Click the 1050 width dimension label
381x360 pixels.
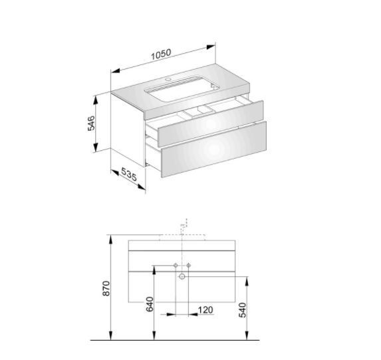(x=161, y=54)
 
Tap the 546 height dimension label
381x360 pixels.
(x=91, y=124)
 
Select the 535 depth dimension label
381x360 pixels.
(x=129, y=175)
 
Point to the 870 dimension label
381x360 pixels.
(x=106, y=288)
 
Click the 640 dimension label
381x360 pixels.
(x=150, y=304)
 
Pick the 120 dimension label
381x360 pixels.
(x=205, y=310)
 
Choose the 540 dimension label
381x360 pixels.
(x=242, y=310)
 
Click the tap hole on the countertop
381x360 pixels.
(x=168, y=79)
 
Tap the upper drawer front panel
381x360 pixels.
(x=210, y=124)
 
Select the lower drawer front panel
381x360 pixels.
(x=214, y=149)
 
